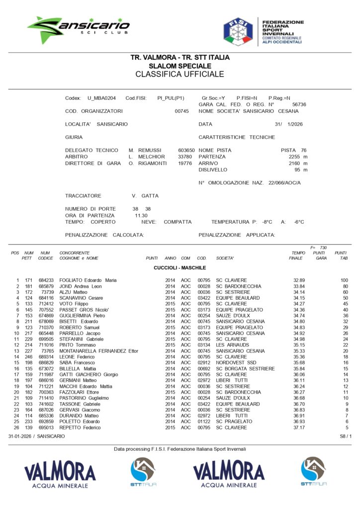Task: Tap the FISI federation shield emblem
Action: [x=237, y=31]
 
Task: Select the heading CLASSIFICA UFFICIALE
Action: [x=180, y=75]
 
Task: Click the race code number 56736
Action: [x=299, y=105]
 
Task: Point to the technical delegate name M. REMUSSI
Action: [x=144, y=150]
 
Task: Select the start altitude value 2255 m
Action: [x=298, y=157]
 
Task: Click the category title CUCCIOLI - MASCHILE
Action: [x=180, y=268]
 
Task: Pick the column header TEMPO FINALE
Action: [x=297, y=255]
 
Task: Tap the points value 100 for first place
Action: [x=344, y=281]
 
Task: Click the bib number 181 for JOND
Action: [x=29, y=286]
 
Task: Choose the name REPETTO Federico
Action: [x=80, y=427]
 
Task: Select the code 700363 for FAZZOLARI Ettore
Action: [x=46, y=392]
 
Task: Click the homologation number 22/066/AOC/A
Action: [x=285, y=183]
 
